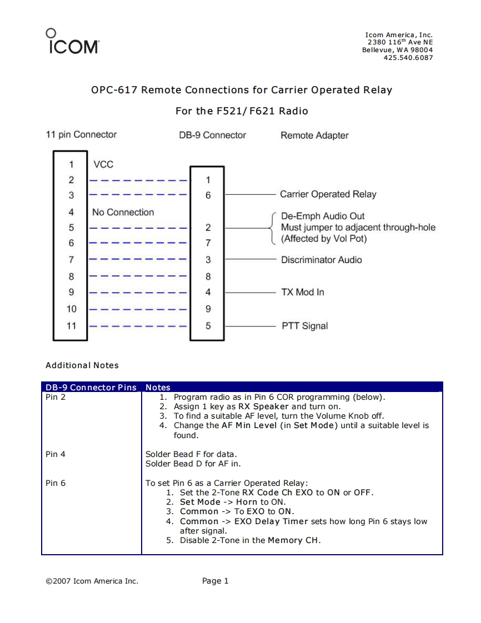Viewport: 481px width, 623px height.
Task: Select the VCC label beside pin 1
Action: point(103,164)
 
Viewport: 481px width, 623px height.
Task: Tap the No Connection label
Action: point(123,212)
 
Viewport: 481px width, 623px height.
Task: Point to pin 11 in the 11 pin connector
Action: point(71,326)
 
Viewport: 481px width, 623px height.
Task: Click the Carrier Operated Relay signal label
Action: point(328,194)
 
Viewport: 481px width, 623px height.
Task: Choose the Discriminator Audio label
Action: point(321,260)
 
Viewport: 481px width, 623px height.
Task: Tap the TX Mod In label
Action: point(302,292)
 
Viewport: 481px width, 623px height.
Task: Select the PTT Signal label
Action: point(304,326)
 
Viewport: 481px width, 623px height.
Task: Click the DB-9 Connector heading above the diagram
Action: point(212,135)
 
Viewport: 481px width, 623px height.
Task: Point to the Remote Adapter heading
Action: point(314,135)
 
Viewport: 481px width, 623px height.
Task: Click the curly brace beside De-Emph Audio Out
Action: point(272,228)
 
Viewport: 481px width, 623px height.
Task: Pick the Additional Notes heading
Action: point(82,365)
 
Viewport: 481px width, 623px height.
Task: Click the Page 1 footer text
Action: point(216,581)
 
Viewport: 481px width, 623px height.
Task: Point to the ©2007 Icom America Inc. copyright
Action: point(92,581)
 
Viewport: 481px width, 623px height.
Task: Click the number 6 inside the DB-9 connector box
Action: point(208,195)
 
